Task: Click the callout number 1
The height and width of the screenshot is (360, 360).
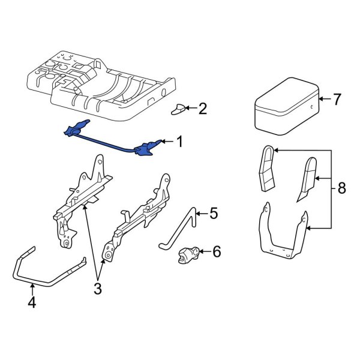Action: (x=178, y=142)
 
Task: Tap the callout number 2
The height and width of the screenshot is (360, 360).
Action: (x=202, y=109)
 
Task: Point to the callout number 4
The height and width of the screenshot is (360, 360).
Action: (x=32, y=303)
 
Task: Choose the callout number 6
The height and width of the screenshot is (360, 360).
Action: (x=217, y=252)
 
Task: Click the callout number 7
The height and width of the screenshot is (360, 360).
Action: (x=336, y=98)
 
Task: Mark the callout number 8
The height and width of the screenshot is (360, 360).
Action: (x=341, y=188)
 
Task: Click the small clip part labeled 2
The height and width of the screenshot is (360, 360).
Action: (x=179, y=109)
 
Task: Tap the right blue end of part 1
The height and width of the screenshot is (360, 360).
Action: (x=148, y=148)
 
